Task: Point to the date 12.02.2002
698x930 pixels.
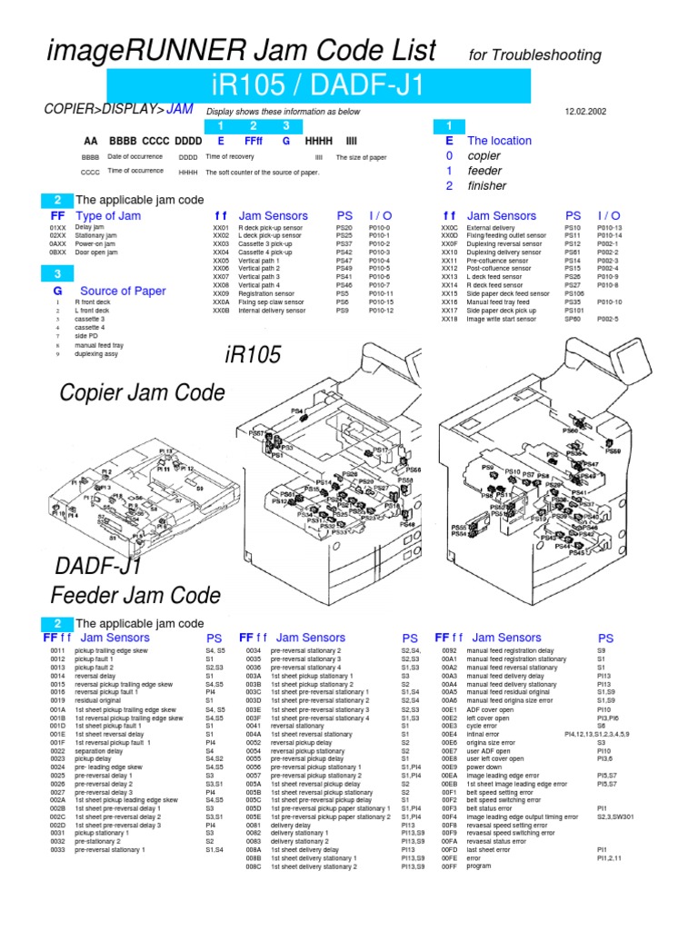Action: (585, 112)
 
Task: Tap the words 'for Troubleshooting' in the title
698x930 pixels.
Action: (535, 55)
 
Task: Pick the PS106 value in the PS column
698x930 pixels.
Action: (574, 294)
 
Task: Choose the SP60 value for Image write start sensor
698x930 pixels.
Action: (573, 320)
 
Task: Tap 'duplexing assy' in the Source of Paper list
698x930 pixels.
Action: (96, 354)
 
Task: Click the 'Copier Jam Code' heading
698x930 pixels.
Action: (142, 392)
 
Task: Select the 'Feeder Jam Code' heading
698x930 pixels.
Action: (135, 596)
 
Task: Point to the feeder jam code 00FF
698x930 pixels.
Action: (449, 866)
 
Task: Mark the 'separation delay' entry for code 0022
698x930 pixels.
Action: (100, 751)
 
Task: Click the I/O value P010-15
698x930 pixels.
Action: (381, 302)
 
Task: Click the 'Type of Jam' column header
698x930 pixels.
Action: (108, 216)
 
